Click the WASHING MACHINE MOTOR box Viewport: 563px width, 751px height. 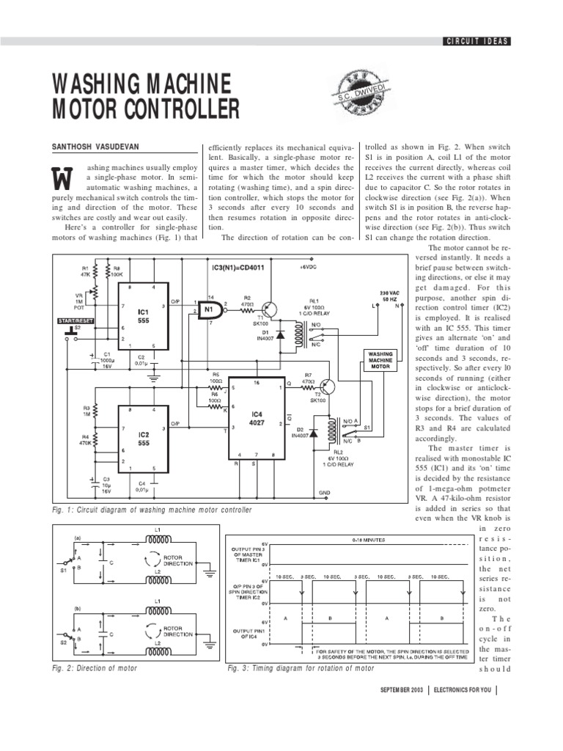click(381, 360)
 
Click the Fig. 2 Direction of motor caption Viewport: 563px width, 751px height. click(95, 668)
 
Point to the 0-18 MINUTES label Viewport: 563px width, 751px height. click(347, 539)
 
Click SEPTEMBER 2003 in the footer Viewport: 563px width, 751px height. click(401, 691)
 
